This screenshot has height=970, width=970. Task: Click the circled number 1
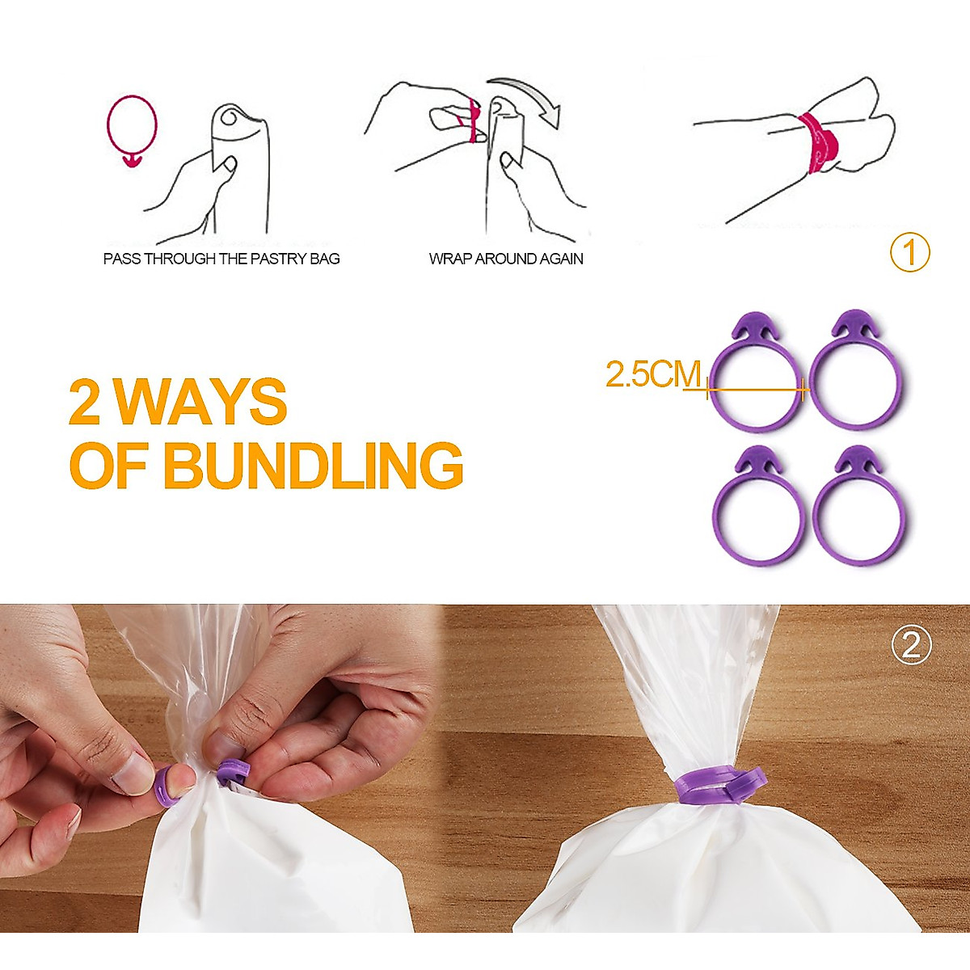910,253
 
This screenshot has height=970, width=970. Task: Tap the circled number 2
911,647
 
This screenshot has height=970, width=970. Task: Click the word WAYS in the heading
200,402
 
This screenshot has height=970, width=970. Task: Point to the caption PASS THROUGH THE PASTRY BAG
221,259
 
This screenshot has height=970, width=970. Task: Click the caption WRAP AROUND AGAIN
506,259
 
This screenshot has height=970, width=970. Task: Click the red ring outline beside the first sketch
132,126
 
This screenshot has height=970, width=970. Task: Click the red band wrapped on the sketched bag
818,144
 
